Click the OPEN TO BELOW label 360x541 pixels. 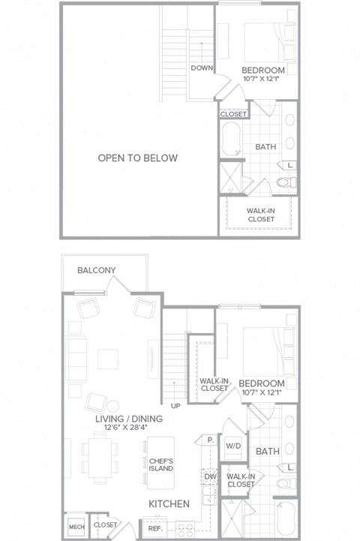coord(138,158)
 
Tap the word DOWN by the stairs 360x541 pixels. coord(202,68)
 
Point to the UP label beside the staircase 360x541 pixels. coord(177,405)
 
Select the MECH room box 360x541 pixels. coord(75,525)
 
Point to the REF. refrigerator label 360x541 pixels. coord(155,528)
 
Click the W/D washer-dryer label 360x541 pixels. coord(232,446)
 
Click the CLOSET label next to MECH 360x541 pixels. coord(106,525)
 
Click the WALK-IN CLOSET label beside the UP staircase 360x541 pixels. coord(214,384)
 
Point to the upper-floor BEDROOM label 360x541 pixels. coord(262,71)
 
